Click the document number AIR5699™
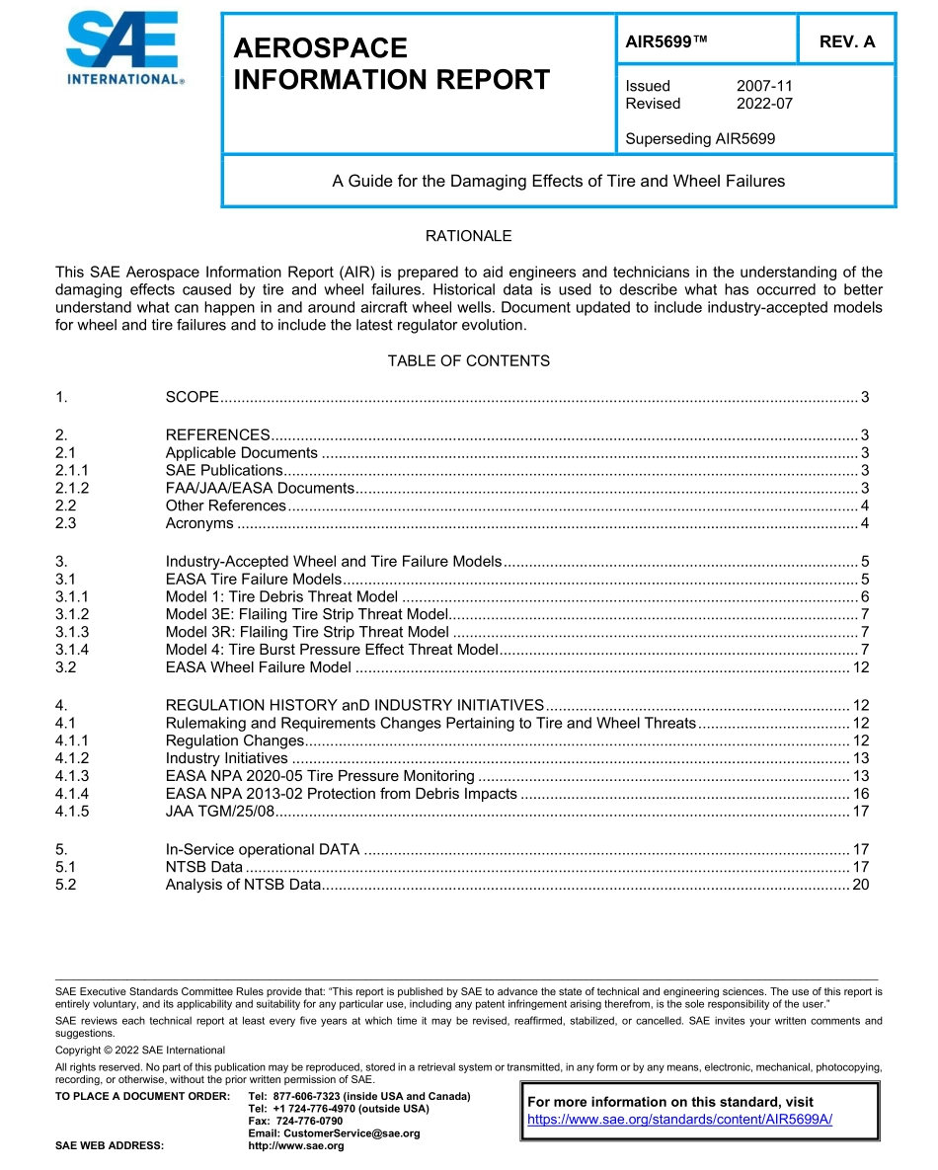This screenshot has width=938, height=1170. [667, 41]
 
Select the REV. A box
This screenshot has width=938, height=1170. [846, 41]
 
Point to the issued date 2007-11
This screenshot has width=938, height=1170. [764, 86]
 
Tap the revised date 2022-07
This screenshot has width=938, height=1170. [764, 104]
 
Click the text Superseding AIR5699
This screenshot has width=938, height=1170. [700, 139]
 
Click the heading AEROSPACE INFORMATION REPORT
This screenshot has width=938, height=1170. [391, 64]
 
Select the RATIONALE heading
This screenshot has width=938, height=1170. [468, 236]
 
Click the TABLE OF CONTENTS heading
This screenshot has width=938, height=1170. [468, 360]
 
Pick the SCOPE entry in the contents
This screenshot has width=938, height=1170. [192, 397]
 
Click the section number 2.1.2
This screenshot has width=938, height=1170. [72, 488]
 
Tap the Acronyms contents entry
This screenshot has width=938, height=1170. [199, 523]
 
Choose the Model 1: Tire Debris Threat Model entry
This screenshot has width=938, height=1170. [281, 596]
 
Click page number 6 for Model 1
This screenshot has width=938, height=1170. [864, 596]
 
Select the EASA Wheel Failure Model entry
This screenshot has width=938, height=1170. [258, 667]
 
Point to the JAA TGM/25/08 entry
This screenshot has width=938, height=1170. [219, 812]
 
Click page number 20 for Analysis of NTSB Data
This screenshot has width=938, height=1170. [860, 884]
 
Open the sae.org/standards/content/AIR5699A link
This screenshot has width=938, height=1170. [680, 1119]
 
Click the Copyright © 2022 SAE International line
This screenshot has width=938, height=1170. [140, 1050]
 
